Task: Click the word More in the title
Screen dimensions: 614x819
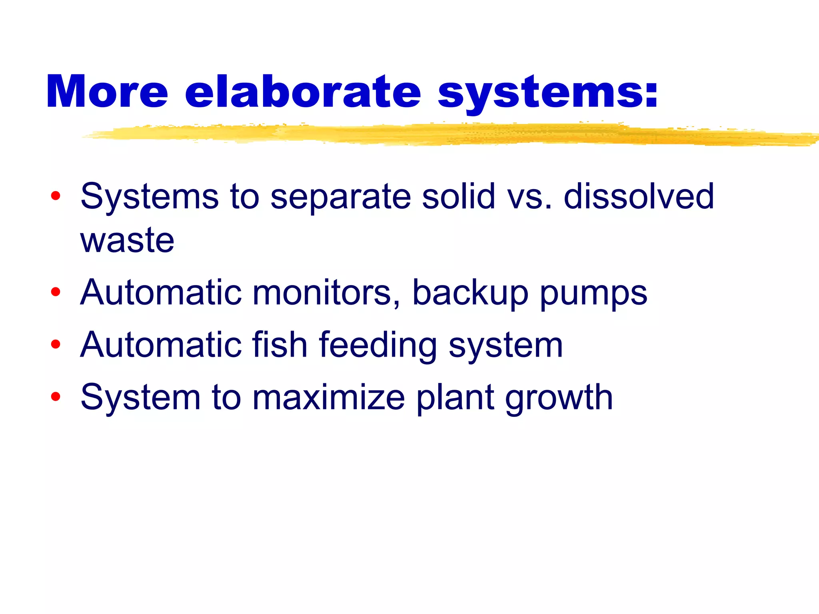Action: [x=107, y=92]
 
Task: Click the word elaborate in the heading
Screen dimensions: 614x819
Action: [x=303, y=92]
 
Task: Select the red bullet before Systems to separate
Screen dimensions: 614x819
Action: [x=56, y=196]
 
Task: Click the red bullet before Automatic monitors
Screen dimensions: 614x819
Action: [x=56, y=292]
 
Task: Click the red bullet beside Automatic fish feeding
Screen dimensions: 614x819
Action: [x=56, y=344]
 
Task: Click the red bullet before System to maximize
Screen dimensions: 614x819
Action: [x=56, y=397]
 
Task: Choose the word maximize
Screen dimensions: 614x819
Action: [x=329, y=397]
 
